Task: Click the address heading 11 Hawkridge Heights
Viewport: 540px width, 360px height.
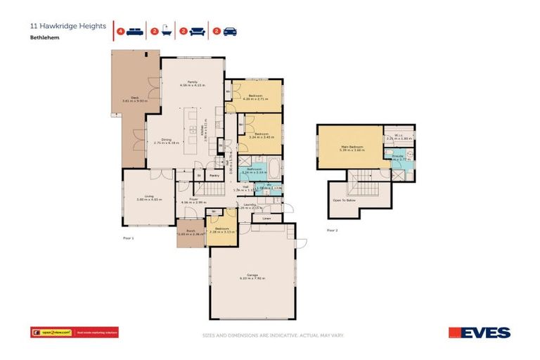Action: point(67,26)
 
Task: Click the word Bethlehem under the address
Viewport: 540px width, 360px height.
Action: point(43,39)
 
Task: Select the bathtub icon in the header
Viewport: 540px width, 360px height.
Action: point(165,31)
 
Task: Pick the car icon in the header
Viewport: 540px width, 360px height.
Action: point(229,31)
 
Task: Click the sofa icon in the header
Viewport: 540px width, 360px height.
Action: point(197,31)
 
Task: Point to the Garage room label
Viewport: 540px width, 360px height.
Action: point(252,274)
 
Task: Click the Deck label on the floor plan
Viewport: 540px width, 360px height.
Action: point(126,98)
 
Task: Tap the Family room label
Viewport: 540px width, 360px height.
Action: point(192,82)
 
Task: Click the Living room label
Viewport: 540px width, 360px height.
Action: point(149,196)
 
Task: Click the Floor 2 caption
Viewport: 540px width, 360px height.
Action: point(332,229)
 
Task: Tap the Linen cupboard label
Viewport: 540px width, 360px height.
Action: point(266,219)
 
